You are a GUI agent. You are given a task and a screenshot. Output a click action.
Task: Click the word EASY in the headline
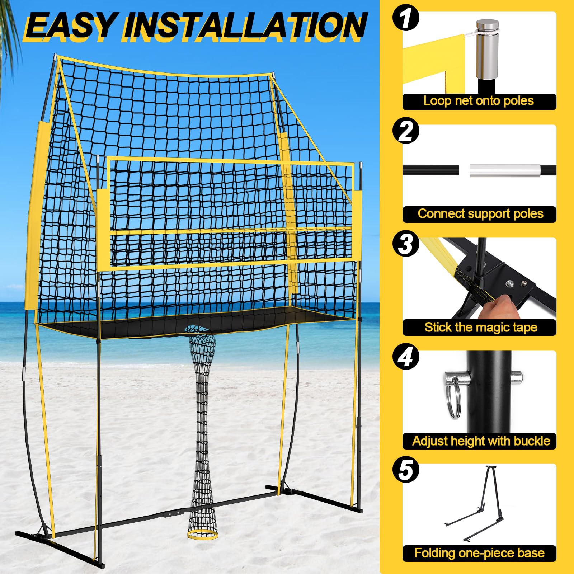tap(70, 26)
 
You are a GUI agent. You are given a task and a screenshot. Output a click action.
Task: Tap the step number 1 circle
tap(406, 18)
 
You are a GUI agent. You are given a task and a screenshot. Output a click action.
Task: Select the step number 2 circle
tap(406, 131)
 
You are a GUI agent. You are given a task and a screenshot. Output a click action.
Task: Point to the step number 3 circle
tap(406, 244)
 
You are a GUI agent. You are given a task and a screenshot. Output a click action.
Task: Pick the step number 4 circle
tap(406, 357)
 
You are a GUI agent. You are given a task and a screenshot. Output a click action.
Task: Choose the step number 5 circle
tap(406, 470)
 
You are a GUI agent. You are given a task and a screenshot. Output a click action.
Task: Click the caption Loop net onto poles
tap(479, 101)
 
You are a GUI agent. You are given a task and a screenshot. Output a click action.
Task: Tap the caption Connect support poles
tap(480, 214)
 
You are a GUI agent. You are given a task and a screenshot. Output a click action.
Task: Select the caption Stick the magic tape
tap(481, 327)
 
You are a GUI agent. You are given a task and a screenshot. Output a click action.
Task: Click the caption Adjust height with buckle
tap(481, 441)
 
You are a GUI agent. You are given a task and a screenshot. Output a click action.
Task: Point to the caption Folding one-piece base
tap(480, 553)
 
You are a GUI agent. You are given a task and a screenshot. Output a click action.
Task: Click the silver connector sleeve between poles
tap(505, 170)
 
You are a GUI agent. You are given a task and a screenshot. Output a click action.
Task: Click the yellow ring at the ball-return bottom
tap(202, 534)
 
